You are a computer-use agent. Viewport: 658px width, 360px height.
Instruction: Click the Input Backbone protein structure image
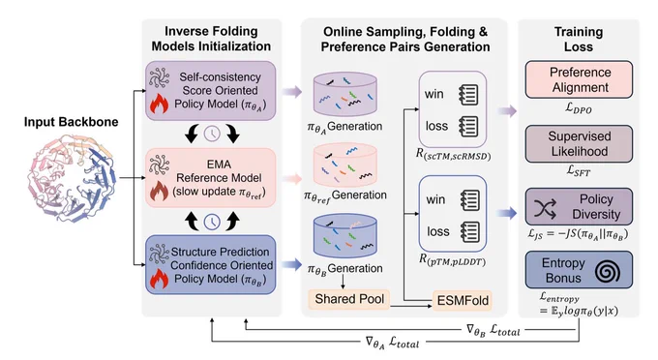coord(72,178)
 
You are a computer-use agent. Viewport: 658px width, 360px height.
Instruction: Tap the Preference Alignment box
coord(579,79)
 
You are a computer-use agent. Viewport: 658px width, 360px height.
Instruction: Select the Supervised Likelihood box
coord(579,144)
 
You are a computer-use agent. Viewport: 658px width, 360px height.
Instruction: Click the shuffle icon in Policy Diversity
coord(545,208)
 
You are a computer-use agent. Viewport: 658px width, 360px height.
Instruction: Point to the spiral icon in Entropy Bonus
coord(607,272)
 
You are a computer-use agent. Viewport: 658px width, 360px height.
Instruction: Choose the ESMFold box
coord(463,300)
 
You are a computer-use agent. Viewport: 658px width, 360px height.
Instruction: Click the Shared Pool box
coord(349,299)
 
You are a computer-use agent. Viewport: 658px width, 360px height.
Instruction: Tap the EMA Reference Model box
coord(211,178)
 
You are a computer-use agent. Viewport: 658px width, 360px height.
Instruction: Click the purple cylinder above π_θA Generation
coord(344,95)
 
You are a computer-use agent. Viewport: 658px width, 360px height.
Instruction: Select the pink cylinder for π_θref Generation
coord(344,165)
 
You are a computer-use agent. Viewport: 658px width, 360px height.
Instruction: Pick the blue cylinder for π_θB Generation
coord(344,236)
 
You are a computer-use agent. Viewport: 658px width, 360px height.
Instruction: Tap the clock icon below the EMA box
coord(212,222)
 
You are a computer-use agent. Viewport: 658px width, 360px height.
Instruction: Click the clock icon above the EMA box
coord(212,134)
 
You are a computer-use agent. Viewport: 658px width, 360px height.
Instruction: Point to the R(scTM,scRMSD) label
coord(453,155)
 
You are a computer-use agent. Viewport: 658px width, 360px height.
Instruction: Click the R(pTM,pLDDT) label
coord(453,260)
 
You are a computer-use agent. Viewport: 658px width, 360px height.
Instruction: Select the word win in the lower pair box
coord(435,199)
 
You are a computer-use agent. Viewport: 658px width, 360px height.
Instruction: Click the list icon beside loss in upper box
coord(468,126)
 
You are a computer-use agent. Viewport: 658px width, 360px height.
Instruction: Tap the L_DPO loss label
coord(579,108)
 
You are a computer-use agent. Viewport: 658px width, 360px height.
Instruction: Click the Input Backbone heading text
coord(71,122)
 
